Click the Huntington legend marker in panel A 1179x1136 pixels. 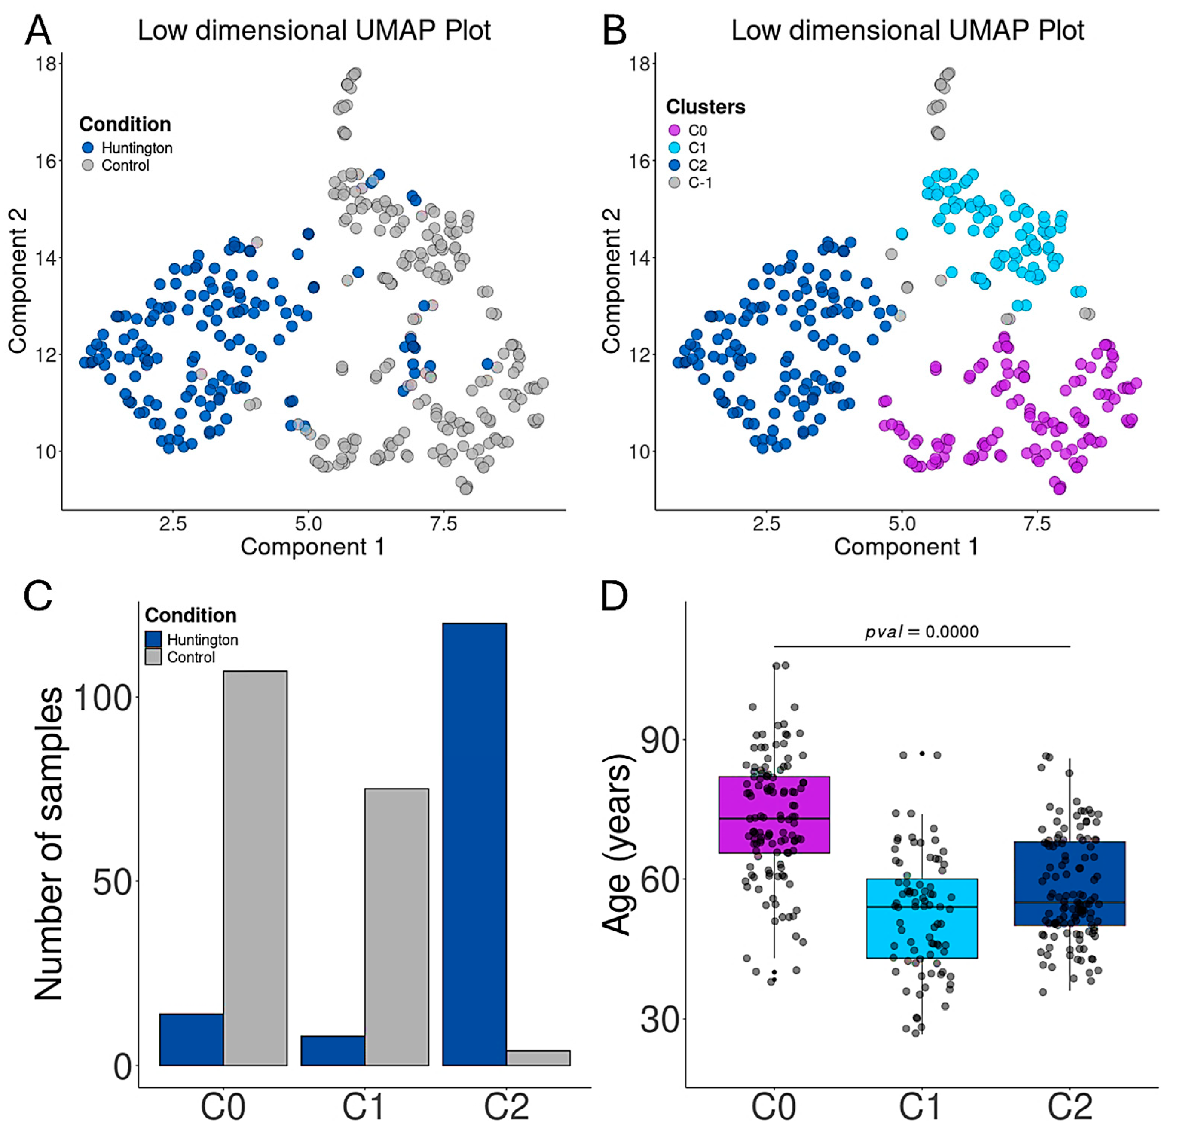(88, 148)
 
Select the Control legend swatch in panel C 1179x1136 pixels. (153, 657)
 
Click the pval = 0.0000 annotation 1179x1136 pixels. (922, 631)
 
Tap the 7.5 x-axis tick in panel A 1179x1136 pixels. (443, 524)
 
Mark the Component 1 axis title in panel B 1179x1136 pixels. (906, 547)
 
